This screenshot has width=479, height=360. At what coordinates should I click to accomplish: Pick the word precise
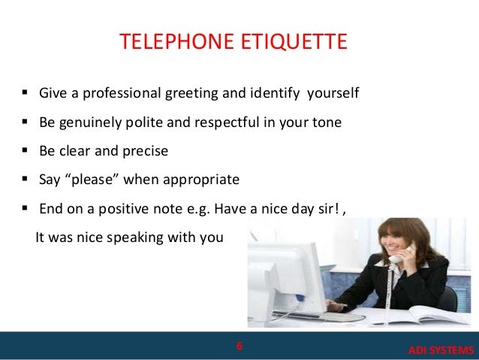(144, 151)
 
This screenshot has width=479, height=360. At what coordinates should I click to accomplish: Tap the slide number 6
(239, 346)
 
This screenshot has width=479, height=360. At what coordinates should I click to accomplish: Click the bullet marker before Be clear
(25, 151)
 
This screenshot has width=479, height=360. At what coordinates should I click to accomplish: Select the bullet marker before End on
(25, 208)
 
